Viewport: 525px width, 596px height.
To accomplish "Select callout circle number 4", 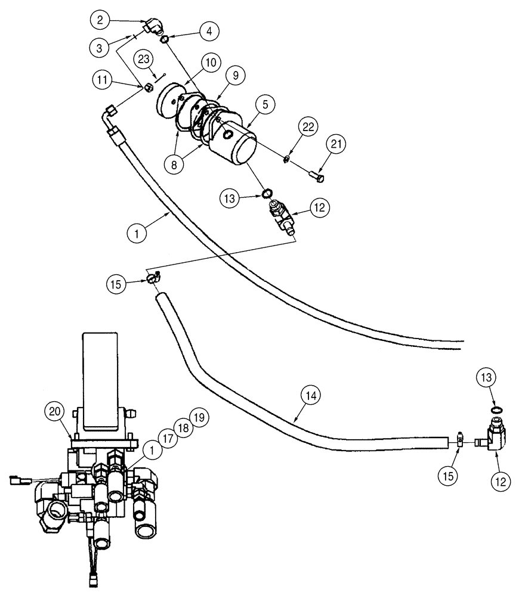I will (209, 31).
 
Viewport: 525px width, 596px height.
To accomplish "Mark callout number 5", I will (267, 103).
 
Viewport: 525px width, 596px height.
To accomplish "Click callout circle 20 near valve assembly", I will (55, 411).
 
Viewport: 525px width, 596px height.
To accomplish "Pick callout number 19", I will (199, 417).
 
